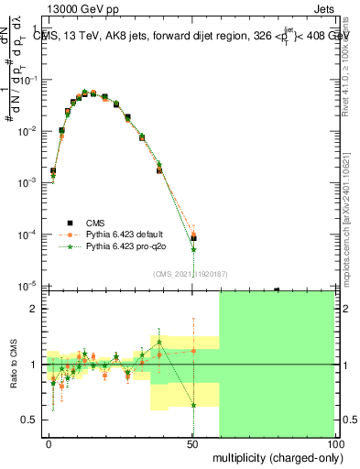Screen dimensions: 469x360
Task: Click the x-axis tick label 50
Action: (x=193, y=444)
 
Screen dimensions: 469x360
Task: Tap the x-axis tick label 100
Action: (x=333, y=444)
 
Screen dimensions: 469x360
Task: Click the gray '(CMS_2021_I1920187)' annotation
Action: (x=196, y=273)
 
